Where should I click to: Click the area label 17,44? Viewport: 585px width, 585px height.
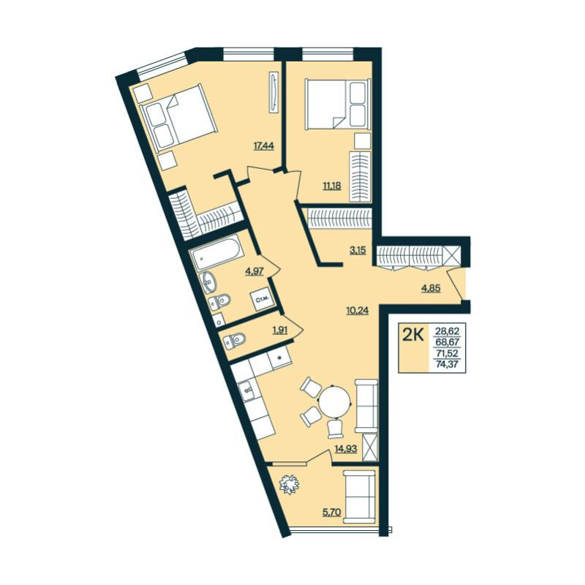(264, 146)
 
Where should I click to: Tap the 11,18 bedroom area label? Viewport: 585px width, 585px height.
(332, 185)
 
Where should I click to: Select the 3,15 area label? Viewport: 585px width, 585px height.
(358, 250)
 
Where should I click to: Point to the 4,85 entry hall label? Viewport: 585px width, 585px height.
(431, 288)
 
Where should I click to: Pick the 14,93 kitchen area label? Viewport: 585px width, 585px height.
(346, 448)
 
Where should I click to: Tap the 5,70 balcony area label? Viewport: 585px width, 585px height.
(332, 512)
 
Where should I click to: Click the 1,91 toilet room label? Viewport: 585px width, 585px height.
(280, 330)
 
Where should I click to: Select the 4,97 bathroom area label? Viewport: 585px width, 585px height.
(254, 271)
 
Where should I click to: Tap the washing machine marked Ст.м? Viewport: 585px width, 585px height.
(263, 299)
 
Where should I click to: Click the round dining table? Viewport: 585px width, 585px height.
(335, 403)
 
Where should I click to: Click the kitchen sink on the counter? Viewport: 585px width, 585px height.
(247, 391)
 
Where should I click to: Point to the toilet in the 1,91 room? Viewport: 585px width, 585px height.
(234, 340)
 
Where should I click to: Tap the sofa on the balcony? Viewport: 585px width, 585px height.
(359, 497)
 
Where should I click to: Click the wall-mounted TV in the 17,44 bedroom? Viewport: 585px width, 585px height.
(274, 92)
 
